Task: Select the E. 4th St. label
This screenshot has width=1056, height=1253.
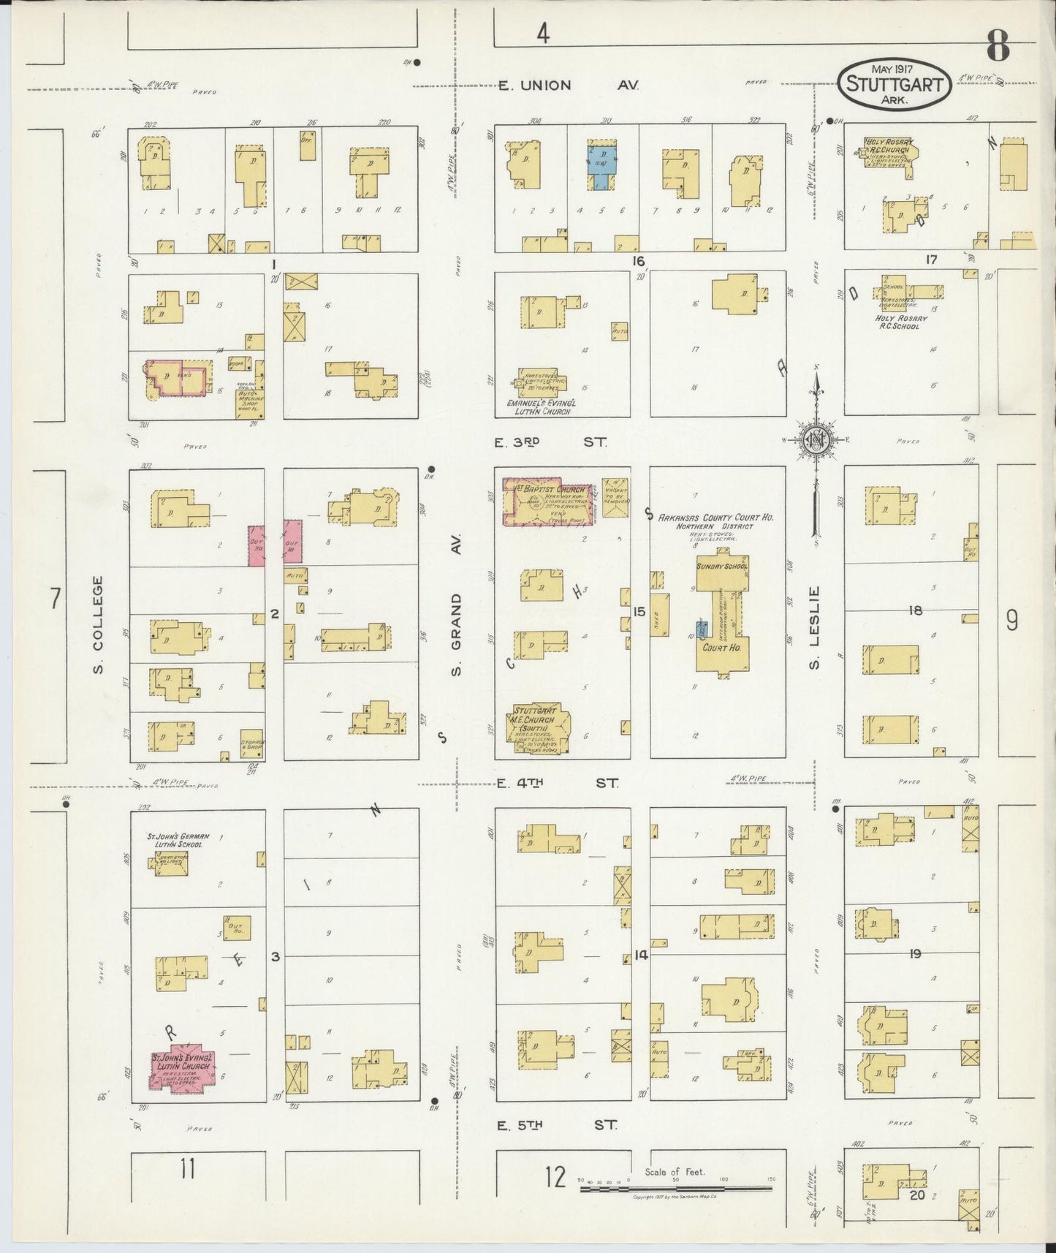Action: (556, 783)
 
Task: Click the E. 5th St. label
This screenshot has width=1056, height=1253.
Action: (556, 1125)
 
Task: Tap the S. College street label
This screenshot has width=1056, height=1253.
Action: (98, 625)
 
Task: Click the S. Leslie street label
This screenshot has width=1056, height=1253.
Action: (815, 627)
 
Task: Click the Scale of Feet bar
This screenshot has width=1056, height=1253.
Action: (675, 1189)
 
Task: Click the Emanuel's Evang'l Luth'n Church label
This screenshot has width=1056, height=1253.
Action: (538, 406)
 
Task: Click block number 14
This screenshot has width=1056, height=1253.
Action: (641, 954)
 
